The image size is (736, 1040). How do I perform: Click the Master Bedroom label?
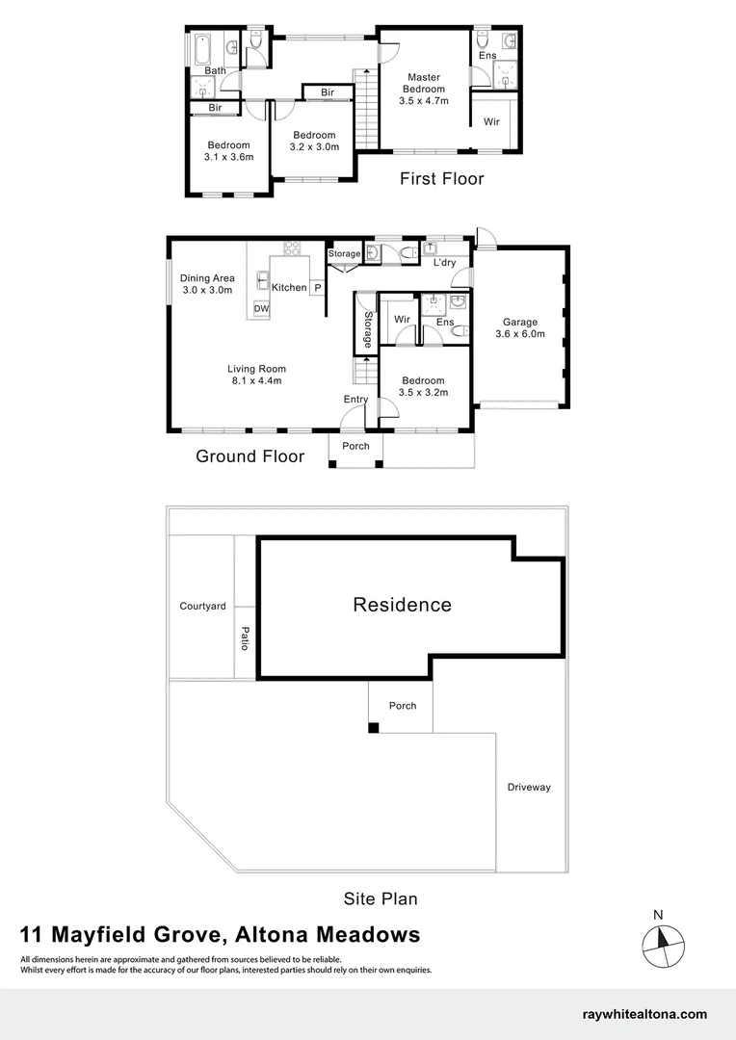pyautogui.click(x=424, y=84)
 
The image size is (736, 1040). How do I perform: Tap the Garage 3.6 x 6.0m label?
pyautogui.click(x=519, y=328)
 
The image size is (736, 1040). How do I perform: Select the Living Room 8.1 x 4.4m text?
pyautogui.click(x=256, y=375)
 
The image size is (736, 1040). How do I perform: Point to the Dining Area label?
pyautogui.click(x=207, y=278)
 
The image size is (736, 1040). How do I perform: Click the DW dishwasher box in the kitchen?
pyautogui.click(x=261, y=308)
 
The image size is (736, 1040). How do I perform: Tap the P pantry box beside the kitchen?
pyautogui.click(x=316, y=287)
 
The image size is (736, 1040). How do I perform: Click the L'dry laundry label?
pyautogui.click(x=444, y=262)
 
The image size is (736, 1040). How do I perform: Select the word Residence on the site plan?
pyautogui.click(x=402, y=605)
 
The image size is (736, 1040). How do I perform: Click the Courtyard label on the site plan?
pyautogui.click(x=202, y=606)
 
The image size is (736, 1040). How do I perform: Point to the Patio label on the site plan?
pyautogui.click(x=245, y=638)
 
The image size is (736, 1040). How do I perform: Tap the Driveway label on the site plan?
pyautogui.click(x=529, y=787)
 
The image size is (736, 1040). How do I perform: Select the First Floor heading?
pyautogui.click(x=442, y=178)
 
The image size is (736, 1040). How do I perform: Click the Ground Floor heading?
pyautogui.click(x=250, y=456)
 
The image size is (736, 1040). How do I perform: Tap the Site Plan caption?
pyautogui.click(x=381, y=898)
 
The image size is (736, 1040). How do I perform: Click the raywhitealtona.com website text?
pyautogui.click(x=645, y=1014)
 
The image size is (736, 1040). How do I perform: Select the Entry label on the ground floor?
pyautogui.click(x=355, y=400)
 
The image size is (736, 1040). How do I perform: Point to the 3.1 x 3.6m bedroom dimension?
pyautogui.click(x=228, y=157)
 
